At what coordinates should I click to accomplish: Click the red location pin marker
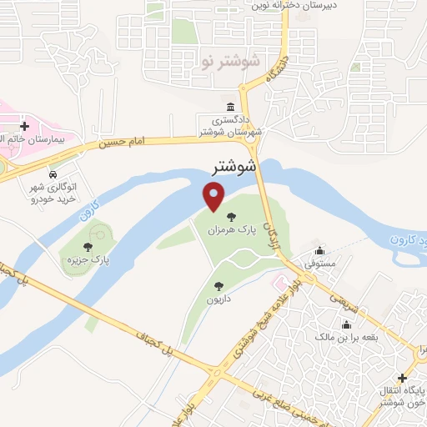click(x=214, y=197)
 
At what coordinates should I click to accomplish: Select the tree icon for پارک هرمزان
click(x=231, y=217)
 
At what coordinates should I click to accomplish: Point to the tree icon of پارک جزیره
click(x=88, y=246)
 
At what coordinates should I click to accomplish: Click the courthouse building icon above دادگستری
click(x=230, y=106)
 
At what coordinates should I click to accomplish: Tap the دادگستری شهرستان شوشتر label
click(x=230, y=126)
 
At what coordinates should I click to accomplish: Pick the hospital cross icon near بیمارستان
click(x=24, y=127)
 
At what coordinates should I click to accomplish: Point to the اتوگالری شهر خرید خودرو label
click(x=53, y=194)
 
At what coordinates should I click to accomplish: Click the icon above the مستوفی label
click(x=319, y=251)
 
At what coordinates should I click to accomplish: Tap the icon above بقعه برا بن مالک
click(x=346, y=324)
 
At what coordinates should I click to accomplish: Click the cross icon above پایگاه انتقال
click(x=404, y=378)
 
